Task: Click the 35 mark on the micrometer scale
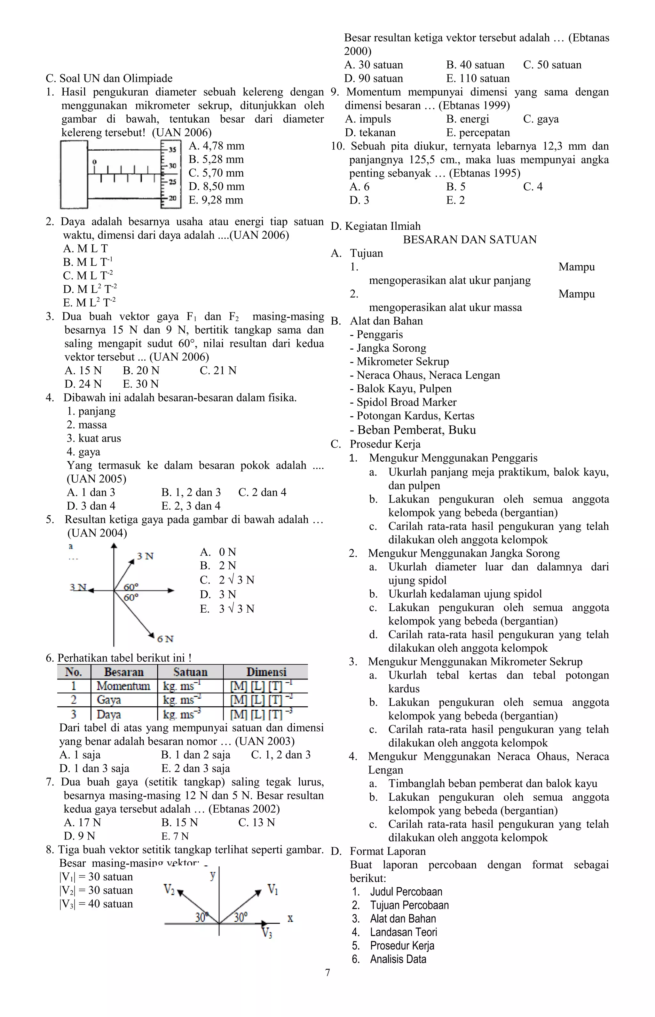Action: pyautogui.click(x=172, y=150)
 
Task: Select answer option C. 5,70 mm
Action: pyautogui.click(x=216, y=173)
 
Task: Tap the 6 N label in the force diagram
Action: pyautogui.click(x=165, y=639)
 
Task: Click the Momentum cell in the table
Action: pyautogui.click(x=123, y=686)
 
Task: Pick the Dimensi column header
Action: pyautogui.click(x=266, y=672)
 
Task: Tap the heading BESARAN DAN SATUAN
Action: pyautogui.click(x=470, y=240)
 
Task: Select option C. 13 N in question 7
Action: pyautogui.click(x=256, y=822)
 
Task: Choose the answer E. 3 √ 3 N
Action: pyautogui.click(x=227, y=609)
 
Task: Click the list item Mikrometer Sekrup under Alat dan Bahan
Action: pyautogui.click(x=399, y=362)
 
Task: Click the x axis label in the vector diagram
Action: pyautogui.click(x=290, y=919)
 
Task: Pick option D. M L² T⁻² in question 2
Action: pyautogui.click(x=90, y=289)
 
